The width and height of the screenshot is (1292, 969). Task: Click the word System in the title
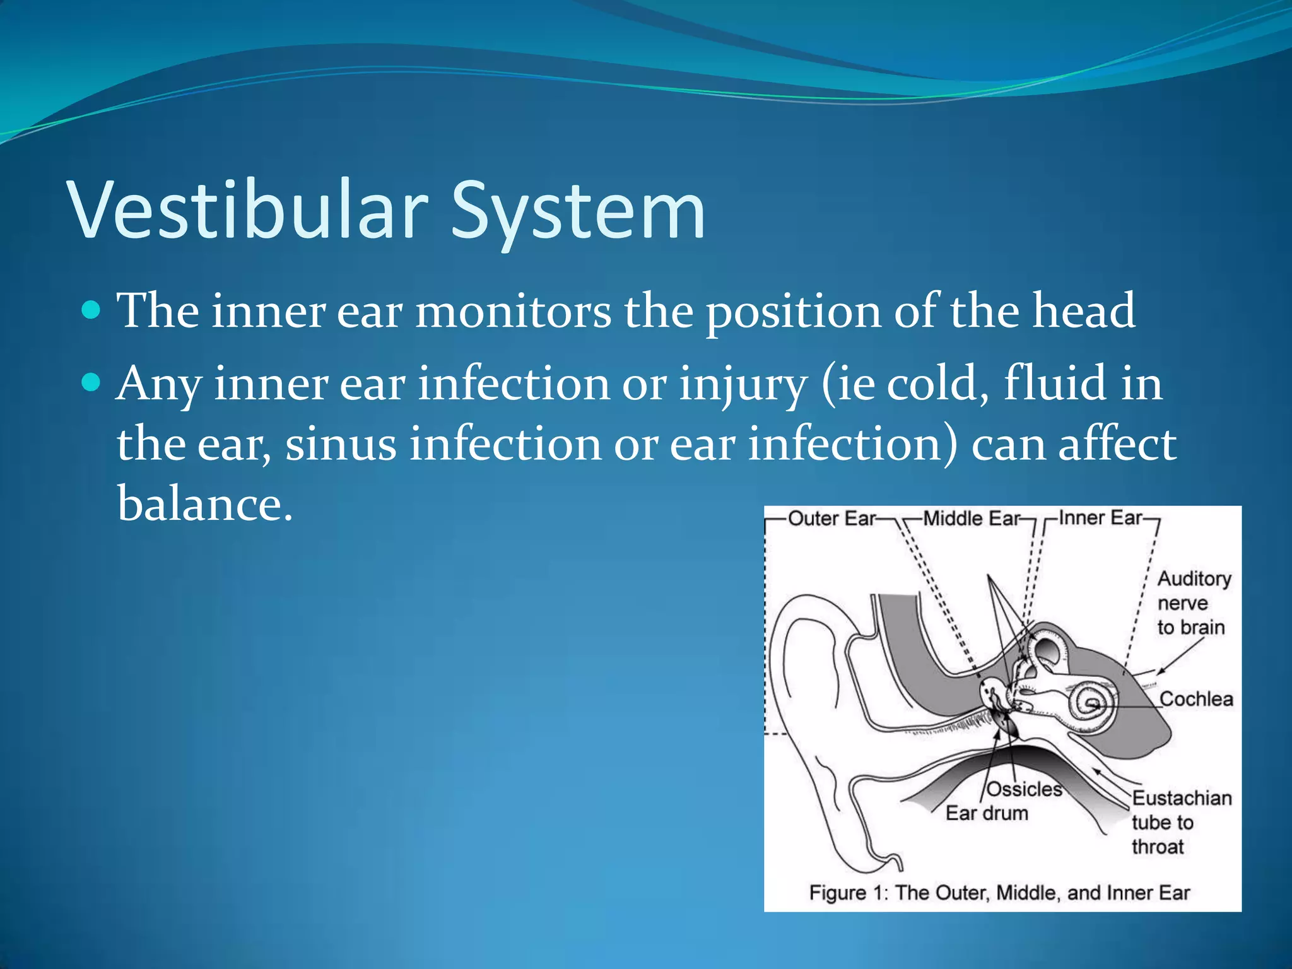pyautogui.click(x=577, y=211)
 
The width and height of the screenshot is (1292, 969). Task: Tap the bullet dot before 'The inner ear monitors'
pyautogui.click(x=92, y=310)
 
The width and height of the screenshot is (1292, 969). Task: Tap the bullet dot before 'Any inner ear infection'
pyautogui.click(x=92, y=382)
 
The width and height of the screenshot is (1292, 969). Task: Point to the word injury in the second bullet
pyautogui.click(x=743, y=384)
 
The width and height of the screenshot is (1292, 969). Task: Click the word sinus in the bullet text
pyautogui.click(x=341, y=444)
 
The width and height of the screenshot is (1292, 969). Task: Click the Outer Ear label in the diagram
pyautogui.click(x=831, y=519)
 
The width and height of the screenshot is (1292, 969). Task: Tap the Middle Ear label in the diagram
pyautogui.click(x=971, y=519)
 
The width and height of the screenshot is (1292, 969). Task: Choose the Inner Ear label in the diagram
pyautogui.click(x=1100, y=518)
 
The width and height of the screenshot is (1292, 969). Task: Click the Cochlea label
pyautogui.click(x=1196, y=699)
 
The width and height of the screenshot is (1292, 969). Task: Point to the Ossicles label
pyautogui.click(x=1025, y=789)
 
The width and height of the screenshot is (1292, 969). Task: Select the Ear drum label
pyautogui.click(x=986, y=813)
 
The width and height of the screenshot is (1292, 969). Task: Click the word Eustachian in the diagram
pyautogui.click(x=1182, y=798)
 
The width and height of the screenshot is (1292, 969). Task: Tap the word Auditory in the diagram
pyautogui.click(x=1194, y=578)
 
